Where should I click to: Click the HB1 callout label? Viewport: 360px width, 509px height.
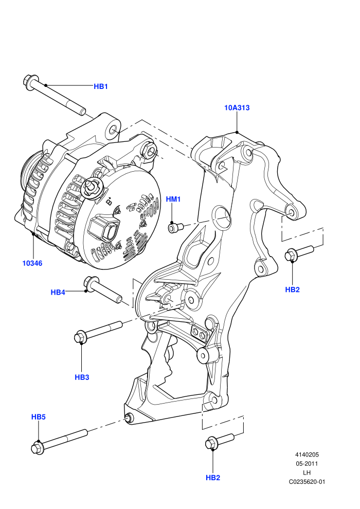click(101, 86)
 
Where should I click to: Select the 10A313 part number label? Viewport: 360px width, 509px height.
click(237, 107)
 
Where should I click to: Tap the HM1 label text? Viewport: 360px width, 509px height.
click(173, 199)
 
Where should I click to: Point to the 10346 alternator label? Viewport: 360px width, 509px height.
click(32, 263)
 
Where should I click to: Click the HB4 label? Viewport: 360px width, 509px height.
click(58, 292)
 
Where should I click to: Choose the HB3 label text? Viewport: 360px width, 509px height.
click(82, 377)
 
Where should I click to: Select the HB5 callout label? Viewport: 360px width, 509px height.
click(38, 417)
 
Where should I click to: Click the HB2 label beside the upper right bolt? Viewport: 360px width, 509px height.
click(292, 289)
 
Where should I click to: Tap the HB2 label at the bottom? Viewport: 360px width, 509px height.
click(213, 478)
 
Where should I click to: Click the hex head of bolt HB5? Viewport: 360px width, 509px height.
click(38, 448)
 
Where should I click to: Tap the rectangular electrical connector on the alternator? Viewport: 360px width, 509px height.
click(104, 229)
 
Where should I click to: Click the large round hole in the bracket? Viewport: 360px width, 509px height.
click(221, 216)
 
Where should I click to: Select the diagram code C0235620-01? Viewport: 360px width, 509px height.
click(307, 482)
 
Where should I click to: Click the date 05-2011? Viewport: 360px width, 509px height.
click(307, 464)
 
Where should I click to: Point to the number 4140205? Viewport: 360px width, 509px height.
click(307, 455)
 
